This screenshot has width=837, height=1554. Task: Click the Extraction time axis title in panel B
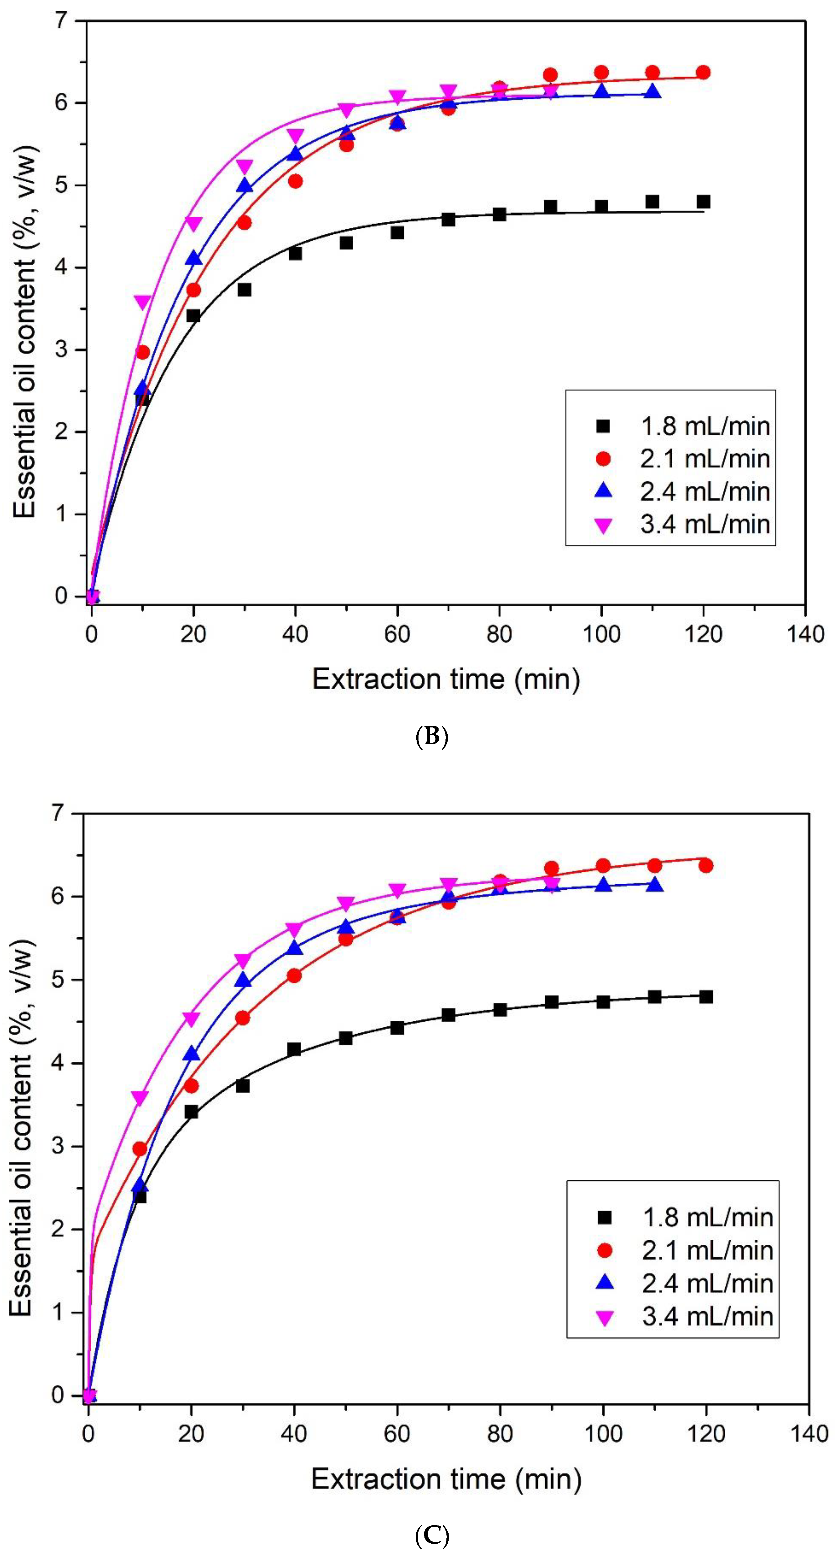pyautogui.click(x=446, y=680)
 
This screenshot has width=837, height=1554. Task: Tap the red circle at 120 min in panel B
pyautogui.click(x=703, y=72)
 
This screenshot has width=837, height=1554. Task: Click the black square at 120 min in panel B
pyautogui.click(x=703, y=201)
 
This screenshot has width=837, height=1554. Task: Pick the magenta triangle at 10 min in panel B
pyautogui.click(x=142, y=302)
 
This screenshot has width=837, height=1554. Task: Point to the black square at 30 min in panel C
pyautogui.click(x=243, y=1085)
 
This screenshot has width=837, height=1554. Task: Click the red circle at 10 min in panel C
pyautogui.click(x=140, y=1149)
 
